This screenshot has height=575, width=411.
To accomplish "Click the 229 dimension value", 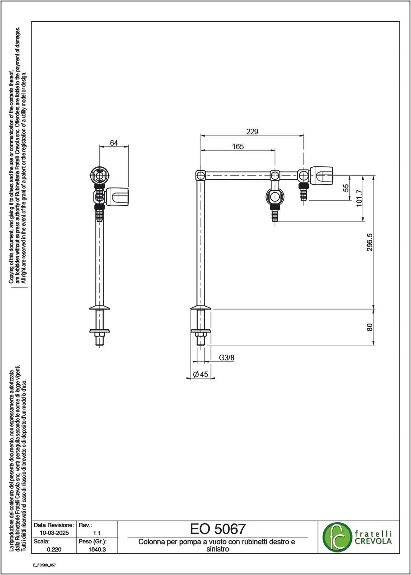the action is (252, 132).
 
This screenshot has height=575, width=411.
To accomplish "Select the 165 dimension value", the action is (238, 147).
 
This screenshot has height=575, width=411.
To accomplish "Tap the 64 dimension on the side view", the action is (114, 143).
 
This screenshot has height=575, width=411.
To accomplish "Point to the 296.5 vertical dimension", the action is (370, 242).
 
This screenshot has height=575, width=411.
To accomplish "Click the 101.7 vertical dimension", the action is (359, 198).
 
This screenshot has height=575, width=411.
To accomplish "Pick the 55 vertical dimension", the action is (346, 188).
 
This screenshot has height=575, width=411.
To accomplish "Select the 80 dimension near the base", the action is (370, 327).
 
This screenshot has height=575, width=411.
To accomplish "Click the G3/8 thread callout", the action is (227, 358).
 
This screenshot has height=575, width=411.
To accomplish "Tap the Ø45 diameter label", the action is (201, 374).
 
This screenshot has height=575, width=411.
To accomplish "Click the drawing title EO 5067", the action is (218, 529).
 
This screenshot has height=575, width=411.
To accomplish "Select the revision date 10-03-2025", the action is (54, 533).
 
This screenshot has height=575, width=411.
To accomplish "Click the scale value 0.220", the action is (54, 549).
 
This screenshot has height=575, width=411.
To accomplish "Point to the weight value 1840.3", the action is (97, 549).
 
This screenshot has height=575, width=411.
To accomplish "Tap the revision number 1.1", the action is (97, 533).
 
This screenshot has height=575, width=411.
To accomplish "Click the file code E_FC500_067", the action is (44, 565).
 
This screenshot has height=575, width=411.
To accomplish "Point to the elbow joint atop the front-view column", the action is (201, 175).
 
